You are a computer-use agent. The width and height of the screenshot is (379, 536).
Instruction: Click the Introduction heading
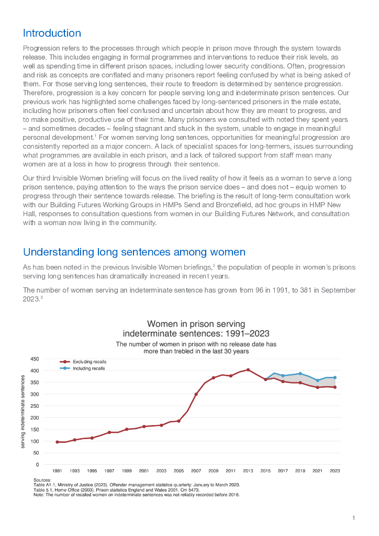(52, 33)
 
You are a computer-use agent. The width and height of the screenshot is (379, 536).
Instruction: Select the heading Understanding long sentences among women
(134, 252)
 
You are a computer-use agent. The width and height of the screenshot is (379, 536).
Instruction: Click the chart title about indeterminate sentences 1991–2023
(196, 328)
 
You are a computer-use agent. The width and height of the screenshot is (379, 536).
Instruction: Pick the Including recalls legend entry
(88, 368)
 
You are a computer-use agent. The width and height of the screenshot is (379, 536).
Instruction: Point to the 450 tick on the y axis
(34, 359)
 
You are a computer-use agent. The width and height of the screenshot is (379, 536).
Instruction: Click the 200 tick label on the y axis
(34, 418)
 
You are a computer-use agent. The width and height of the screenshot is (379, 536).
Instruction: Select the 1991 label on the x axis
(57, 471)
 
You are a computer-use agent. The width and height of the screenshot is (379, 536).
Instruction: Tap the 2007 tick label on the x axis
(196, 471)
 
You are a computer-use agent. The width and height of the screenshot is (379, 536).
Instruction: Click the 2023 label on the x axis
(335, 471)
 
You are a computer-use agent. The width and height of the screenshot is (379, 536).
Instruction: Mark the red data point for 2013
(248, 370)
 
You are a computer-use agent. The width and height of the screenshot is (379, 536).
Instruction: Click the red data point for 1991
(57, 442)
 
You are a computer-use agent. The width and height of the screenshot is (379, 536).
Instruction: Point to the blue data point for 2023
(335, 377)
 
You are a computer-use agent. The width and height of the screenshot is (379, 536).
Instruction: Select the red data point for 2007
(196, 394)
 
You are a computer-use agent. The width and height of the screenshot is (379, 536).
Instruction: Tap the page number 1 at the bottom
(354, 518)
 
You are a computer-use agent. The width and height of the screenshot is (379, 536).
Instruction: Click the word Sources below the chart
(42, 480)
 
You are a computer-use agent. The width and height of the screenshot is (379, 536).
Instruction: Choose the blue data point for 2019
(300, 374)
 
